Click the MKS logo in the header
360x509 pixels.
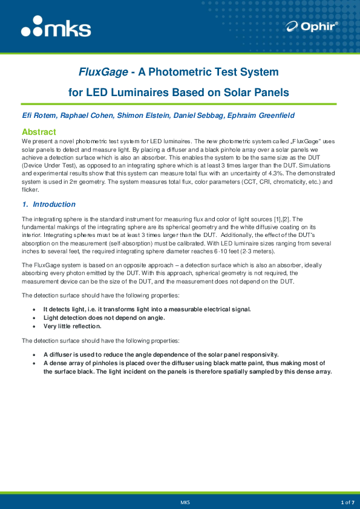pyautogui.click(x=56, y=28)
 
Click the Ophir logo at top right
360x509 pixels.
pyautogui.click(x=313, y=26)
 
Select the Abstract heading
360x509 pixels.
pyautogui.click(x=39, y=132)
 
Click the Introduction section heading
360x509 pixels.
pyautogui.click(x=54, y=204)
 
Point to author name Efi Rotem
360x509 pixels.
pyautogui.click(x=38, y=115)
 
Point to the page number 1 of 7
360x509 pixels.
pyautogui.click(x=347, y=502)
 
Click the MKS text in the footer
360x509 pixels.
pyautogui.click(x=185, y=502)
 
